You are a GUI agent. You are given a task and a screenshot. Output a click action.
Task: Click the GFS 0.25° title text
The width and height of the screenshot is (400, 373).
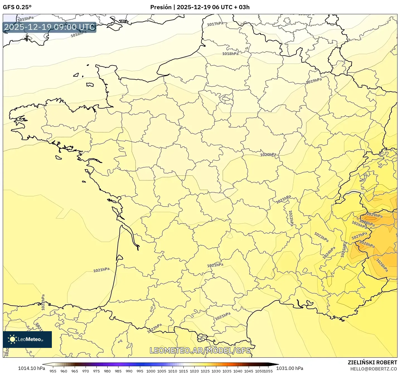point(17,7)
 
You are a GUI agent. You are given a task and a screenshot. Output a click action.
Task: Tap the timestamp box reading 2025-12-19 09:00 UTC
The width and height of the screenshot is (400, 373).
point(50,27)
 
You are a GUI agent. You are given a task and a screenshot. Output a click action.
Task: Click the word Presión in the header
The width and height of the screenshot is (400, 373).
point(161,7)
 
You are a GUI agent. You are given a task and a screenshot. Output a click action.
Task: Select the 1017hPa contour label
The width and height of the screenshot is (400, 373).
point(215,24)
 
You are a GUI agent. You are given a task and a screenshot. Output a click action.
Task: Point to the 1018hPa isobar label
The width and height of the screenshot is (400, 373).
point(230,54)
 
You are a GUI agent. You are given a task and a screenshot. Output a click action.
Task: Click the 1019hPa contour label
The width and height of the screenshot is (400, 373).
point(314,81)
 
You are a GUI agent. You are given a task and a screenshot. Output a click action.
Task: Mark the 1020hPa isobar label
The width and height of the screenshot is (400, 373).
point(268,154)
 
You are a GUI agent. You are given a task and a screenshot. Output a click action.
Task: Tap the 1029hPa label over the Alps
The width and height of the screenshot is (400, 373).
point(374,215)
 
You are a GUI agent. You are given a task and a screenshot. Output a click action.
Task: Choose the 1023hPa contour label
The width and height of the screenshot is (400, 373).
point(321,237)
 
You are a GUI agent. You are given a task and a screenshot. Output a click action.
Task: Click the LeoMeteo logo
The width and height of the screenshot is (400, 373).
point(27,339)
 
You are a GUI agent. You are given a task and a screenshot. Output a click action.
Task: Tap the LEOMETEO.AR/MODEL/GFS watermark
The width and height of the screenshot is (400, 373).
point(200,350)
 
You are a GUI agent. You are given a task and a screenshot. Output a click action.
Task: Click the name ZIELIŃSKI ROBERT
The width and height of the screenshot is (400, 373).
point(372,362)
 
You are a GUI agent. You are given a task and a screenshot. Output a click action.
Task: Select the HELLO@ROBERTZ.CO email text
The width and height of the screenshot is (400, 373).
point(374,369)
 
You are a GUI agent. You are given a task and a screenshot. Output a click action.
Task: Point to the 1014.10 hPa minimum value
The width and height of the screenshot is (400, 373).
point(31,368)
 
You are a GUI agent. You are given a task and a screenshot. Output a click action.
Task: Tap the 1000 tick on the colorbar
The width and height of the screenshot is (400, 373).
point(151,371)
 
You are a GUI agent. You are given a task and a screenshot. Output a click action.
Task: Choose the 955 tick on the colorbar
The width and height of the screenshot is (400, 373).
point(53,371)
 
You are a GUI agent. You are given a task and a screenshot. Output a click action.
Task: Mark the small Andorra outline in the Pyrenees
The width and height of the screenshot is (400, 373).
point(202,338)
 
